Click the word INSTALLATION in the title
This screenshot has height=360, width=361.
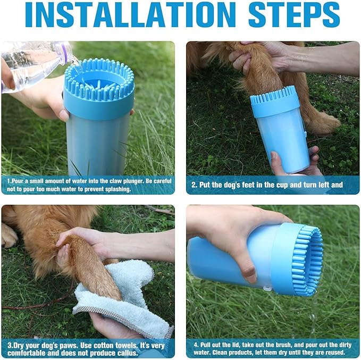click(x=130, y=15)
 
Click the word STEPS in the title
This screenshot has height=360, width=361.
click(x=294, y=15)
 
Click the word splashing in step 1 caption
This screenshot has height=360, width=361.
click(x=118, y=189)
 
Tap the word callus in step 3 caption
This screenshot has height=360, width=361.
click(x=127, y=353)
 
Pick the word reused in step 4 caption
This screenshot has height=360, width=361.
click(x=334, y=353)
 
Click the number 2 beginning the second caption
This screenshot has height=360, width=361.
click(x=194, y=185)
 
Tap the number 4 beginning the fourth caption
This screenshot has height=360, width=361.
click(x=196, y=345)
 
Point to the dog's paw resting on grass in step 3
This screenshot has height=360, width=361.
click(x=9, y=236)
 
